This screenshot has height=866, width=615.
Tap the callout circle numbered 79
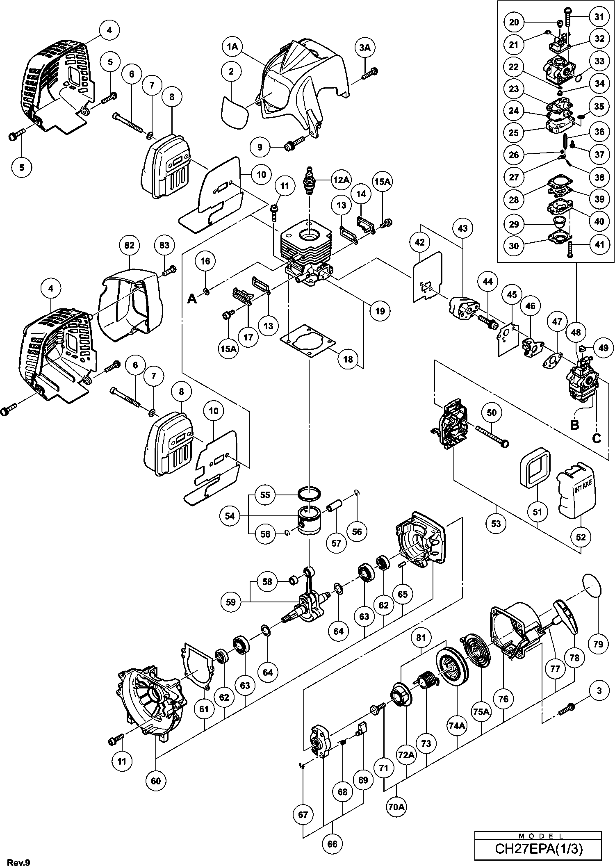[x=598, y=644]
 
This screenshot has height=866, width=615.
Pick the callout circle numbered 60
[x=156, y=781]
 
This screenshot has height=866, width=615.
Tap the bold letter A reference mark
[x=192, y=299]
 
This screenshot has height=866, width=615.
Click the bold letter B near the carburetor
[x=574, y=425]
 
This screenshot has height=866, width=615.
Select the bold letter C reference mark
[x=597, y=438]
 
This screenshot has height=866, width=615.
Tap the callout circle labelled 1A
[x=232, y=47]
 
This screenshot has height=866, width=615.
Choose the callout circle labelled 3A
[x=364, y=48]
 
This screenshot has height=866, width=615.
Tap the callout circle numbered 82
[x=129, y=245]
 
